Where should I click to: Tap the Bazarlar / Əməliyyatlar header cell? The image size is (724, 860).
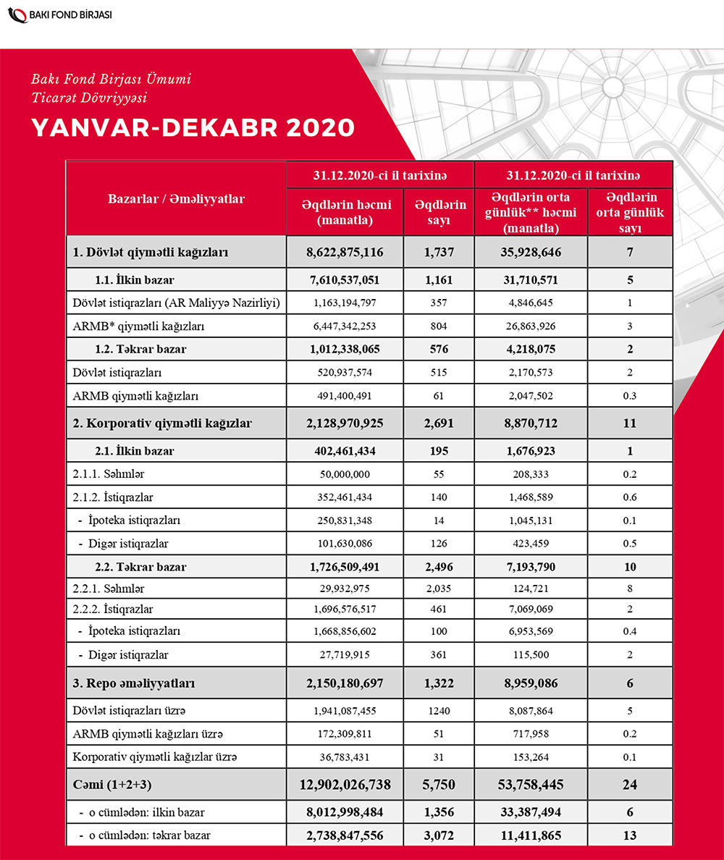tap(176, 199)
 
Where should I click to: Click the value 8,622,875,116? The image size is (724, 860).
tap(345, 253)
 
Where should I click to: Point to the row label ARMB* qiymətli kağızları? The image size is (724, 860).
tap(138, 326)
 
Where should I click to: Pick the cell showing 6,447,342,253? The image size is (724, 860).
tap(345, 326)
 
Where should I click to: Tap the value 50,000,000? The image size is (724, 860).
tap(345, 474)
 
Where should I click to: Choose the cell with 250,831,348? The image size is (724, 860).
tap(345, 520)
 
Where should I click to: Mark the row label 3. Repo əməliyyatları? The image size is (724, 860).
tap(134, 683)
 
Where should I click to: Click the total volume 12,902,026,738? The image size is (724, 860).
tap(345, 784)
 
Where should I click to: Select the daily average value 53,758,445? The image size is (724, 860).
tap(531, 784)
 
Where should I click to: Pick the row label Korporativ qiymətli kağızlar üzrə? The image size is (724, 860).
tap(156, 757)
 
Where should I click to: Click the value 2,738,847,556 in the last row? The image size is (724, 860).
tap(345, 835)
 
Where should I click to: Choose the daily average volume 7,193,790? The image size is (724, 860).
tap(531, 567)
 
